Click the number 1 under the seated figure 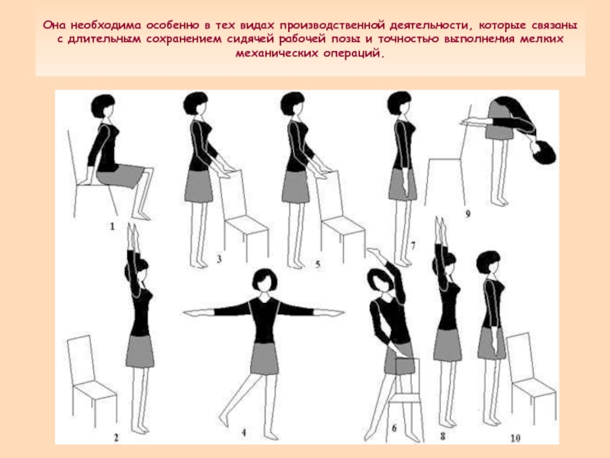(112, 226)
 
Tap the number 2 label (117, 437)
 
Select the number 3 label (219, 259)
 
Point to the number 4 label (244, 432)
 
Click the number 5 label (318, 264)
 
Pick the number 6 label (394, 429)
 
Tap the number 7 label (413, 246)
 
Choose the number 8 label (443, 436)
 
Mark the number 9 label (467, 214)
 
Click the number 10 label (515, 438)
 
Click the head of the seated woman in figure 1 (103, 106)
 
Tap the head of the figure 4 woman (265, 280)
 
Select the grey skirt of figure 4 (265, 358)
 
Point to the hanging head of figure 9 (544, 152)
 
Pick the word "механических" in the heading (277, 53)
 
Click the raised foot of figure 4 (223, 420)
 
